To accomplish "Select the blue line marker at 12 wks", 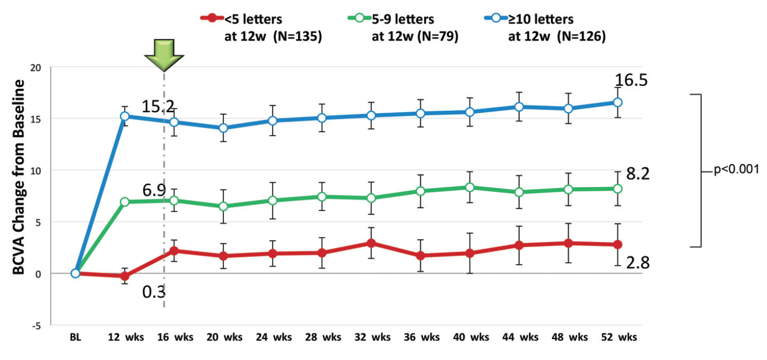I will pos(124,116).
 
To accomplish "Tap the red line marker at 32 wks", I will pos(371,243).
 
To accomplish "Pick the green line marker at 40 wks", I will pos(469,187).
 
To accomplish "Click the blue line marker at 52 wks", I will pos(617,102).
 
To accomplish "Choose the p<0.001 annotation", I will pos(736,172).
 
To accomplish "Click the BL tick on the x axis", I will pos(75,338).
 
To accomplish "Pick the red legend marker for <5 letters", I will pos(213,19).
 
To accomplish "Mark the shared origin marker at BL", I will pos(75,273).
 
